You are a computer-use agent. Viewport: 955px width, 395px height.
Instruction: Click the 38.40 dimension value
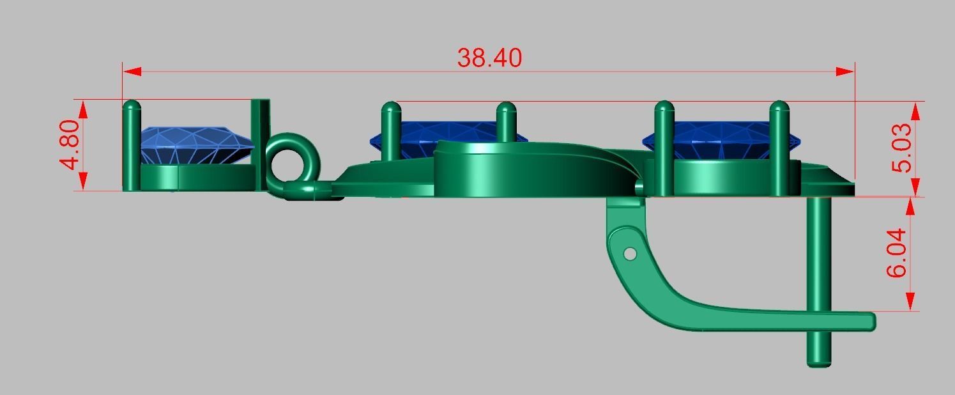click(489, 58)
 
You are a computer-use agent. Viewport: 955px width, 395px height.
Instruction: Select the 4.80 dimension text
click(70, 144)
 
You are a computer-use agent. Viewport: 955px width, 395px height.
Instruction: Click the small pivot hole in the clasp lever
click(630, 254)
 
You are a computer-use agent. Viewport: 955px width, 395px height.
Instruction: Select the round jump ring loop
click(291, 161)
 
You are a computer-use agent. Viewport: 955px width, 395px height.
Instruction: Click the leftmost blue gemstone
click(195, 144)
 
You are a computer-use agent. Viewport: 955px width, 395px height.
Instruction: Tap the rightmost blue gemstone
click(722, 137)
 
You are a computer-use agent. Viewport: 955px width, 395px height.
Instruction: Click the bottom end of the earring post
click(820, 362)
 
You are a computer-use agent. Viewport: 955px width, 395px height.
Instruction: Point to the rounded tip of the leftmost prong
click(132, 106)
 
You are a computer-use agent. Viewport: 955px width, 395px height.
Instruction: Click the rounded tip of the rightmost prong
click(779, 107)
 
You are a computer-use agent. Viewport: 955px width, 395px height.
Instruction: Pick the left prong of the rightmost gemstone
click(664, 147)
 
